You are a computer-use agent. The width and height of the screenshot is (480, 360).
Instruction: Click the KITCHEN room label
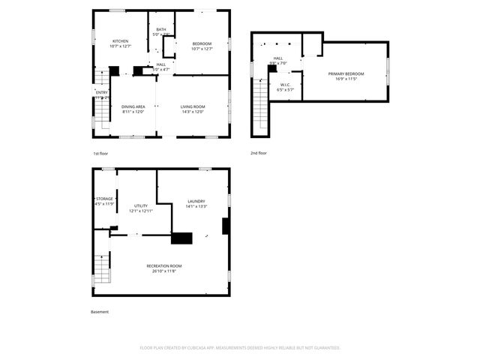click(x=120, y=40)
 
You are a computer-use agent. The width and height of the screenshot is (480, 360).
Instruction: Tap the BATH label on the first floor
click(x=161, y=29)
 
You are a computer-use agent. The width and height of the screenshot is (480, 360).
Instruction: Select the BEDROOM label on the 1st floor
click(x=202, y=44)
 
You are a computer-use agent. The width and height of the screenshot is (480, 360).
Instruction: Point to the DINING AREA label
click(x=133, y=107)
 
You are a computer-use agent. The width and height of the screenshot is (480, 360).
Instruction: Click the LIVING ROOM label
click(x=193, y=107)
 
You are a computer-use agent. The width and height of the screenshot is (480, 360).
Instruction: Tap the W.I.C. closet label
click(x=284, y=85)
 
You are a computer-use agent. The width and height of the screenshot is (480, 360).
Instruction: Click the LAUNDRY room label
click(x=196, y=201)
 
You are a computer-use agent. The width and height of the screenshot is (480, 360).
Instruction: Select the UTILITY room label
click(x=141, y=205)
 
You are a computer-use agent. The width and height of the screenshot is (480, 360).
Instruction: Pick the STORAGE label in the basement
click(x=104, y=199)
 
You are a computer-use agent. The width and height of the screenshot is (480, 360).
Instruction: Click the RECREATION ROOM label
click(x=164, y=266)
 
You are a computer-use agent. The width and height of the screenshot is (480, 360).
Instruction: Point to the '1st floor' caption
click(x=101, y=153)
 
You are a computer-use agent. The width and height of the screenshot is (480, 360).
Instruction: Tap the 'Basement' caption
click(x=100, y=312)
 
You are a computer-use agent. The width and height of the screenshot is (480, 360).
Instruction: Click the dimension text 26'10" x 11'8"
click(x=164, y=271)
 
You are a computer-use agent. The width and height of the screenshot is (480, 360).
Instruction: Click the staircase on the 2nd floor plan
click(x=260, y=105)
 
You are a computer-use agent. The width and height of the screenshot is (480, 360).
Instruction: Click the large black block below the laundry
click(x=182, y=238)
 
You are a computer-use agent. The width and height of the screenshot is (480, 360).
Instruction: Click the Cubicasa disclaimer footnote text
click(x=240, y=348)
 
